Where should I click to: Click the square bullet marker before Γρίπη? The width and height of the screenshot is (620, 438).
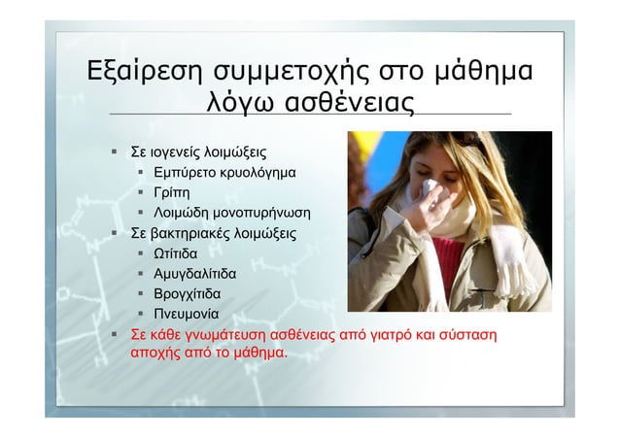[x=142, y=193]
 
